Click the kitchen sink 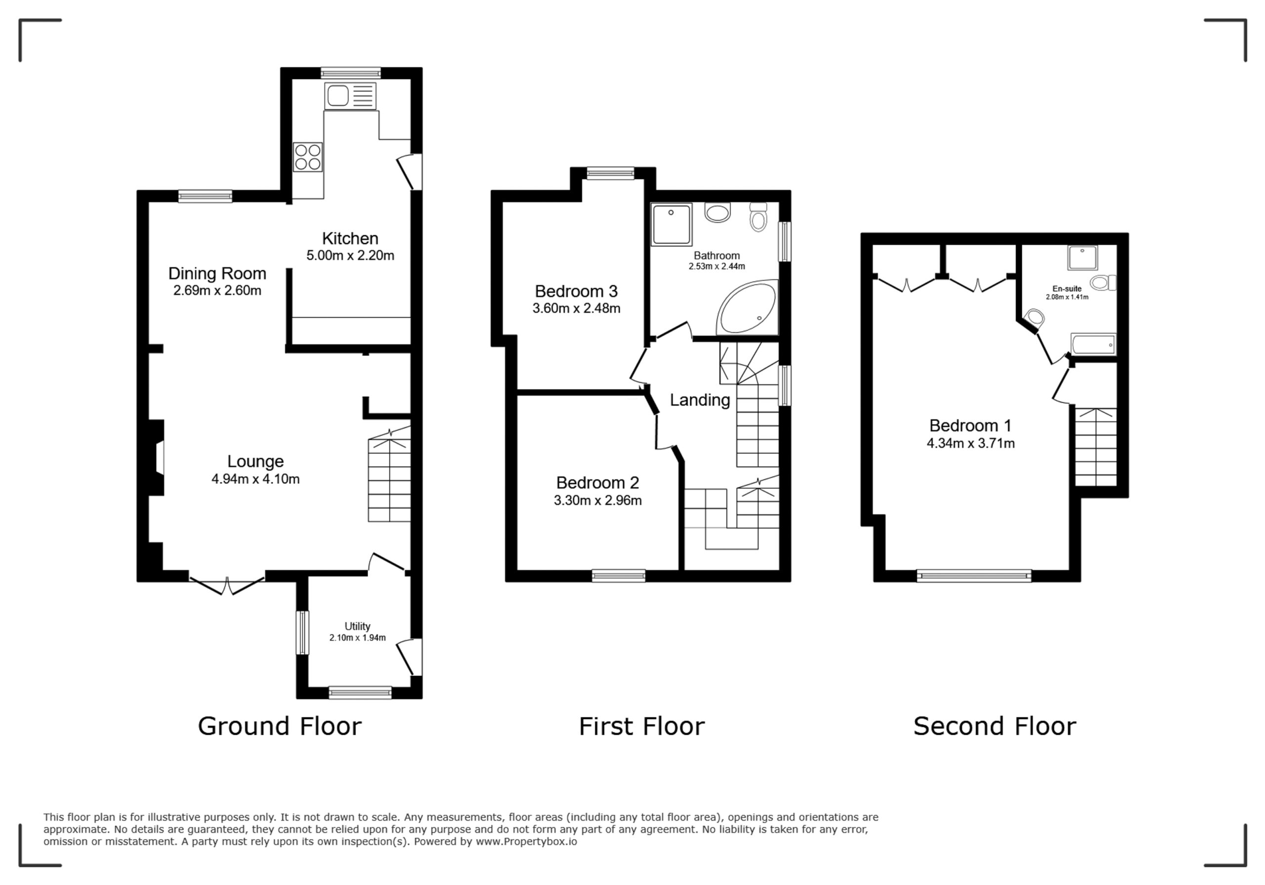(350, 96)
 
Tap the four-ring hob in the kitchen (308, 157)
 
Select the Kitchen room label (350, 239)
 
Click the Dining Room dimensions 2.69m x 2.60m (217, 291)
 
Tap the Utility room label (358, 627)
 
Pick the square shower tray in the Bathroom (672, 224)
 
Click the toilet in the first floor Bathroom (759, 216)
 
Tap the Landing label (700, 400)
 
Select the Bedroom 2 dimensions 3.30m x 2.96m (598, 501)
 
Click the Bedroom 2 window (619, 576)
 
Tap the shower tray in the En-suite (1083, 258)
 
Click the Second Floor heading (995, 726)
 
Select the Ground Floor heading (280, 726)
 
